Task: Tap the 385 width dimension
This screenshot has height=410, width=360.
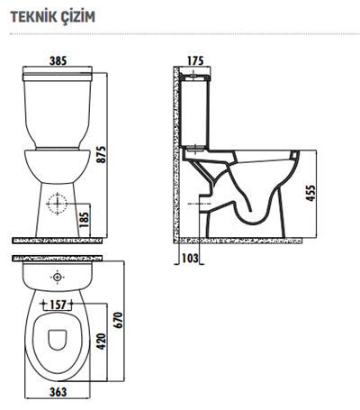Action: point(58,60)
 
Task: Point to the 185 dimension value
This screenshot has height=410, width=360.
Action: point(84,218)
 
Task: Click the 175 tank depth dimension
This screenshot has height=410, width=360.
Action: point(194,60)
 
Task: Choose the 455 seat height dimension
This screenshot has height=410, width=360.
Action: point(310,195)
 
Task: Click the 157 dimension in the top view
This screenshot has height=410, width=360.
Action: point(58,304)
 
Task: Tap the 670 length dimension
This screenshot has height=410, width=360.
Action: point(116,320)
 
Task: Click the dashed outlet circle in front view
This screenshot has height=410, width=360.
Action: point(58,204)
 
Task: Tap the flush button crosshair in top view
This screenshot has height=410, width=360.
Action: point(58,277)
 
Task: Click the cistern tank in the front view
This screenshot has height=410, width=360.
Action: point(58,108)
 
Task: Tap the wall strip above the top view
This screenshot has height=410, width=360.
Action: point(58,260)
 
